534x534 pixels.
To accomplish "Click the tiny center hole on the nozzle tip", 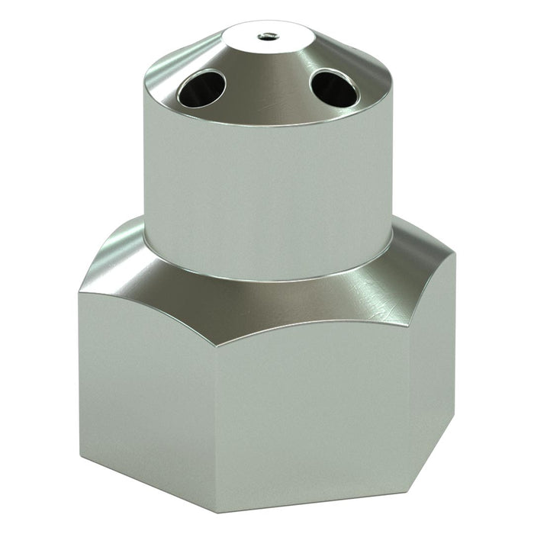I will pos(268,34).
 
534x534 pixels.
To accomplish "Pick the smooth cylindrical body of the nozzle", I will pos(267,183).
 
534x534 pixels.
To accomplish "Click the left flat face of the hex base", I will pos(145,381).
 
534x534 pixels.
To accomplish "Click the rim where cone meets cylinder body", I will pos(267,124).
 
